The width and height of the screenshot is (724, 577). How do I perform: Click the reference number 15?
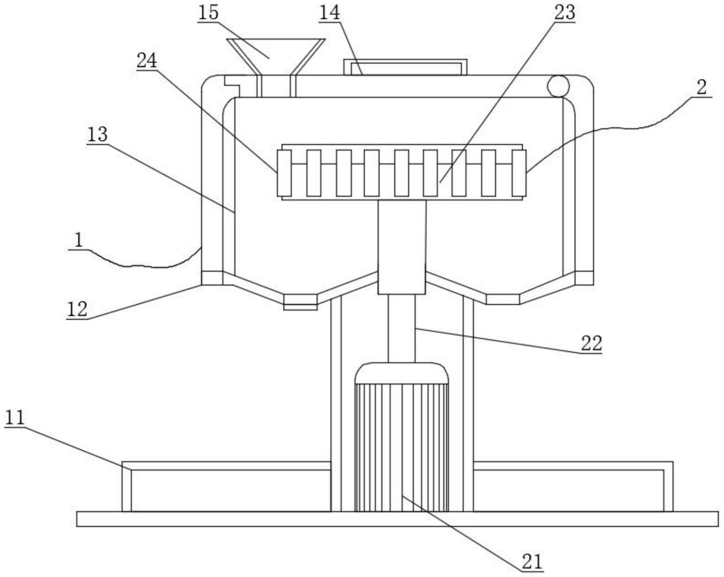point(208,13)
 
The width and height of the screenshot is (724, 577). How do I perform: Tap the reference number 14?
point(329,13)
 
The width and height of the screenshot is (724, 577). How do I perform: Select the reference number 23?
point(564,13)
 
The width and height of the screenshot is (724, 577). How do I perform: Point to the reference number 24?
point(147,61)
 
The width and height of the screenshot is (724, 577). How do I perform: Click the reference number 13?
point(97,134)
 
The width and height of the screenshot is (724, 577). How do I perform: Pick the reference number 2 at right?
point(701,88)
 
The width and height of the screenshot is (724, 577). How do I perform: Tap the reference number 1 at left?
point(78,240)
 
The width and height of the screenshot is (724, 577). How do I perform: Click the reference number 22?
point(591,343)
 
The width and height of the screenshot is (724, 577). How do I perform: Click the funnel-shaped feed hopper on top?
point(276,68)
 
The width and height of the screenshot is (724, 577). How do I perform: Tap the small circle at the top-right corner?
point(558,86)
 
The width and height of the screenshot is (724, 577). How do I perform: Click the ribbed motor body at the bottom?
point(402,447)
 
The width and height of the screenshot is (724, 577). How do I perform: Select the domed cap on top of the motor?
point(402,373)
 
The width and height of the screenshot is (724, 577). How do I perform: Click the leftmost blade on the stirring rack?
point(284,173)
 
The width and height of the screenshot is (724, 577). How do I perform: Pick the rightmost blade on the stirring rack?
point(519,173)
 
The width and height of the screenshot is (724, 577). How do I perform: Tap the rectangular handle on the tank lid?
point(405,67)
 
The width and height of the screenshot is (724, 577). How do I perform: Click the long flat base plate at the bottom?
point(397,519)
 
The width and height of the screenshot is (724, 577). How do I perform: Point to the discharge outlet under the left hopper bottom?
point(301,302)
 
